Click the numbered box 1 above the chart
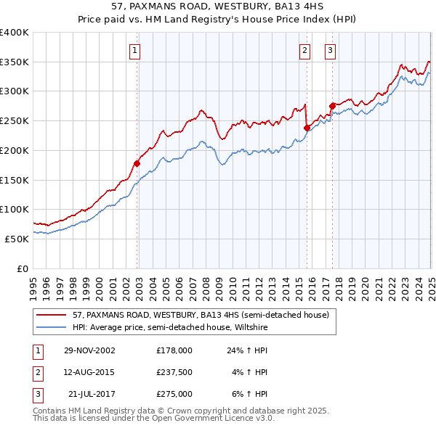pyautogui.click(x=136, y=51)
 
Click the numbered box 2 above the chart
pyautogui.click(x=304, y=51)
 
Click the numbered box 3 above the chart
pyautogui.click(x=330, y=51)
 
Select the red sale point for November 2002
pyautogui.click(x=137, y=163)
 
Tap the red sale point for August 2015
pyautogui.click(x=307, y=128)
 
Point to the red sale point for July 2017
pyautogui.click(x=332, y=106)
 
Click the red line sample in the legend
pyautogui.click(x=52, y=315)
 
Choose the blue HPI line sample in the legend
pyautogui.click(x=52, y=326)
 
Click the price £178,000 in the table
pyautogui.click(x=174, y=350)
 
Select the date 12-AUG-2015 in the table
pyautogui.click(x=89, y=372)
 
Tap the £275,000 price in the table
pyautogui.click(x=174, y=394)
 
